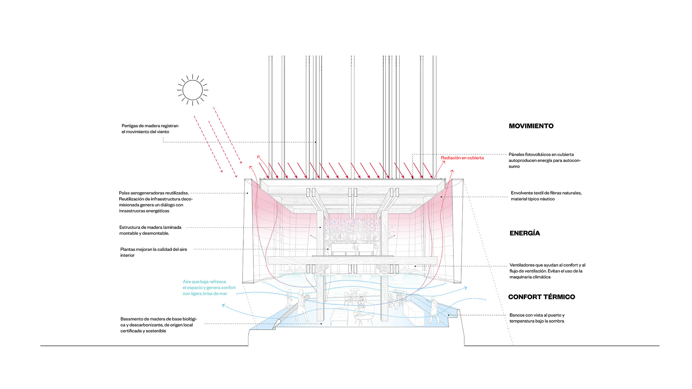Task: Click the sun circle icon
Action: coord(193,90)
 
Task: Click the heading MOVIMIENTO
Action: coord(531,126)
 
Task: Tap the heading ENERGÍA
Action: coord(525,233)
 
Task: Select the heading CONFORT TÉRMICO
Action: coord(542,297)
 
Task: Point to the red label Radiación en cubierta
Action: coord(462,158)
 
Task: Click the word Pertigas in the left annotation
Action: coord(130,126)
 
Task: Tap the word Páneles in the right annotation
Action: coord(516,154)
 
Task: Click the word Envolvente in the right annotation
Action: coord(522,193)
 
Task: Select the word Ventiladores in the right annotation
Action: coord(523,265)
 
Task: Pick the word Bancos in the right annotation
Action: coord(517,315)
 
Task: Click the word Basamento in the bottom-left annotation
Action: coord(132,319)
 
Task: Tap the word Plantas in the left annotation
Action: coord(128,249)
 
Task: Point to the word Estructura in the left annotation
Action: coord(130,227)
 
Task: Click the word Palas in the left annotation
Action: coord(124,193)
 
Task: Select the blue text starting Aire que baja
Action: coord(209,288)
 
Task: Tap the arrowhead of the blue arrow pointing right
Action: coord(465,288)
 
